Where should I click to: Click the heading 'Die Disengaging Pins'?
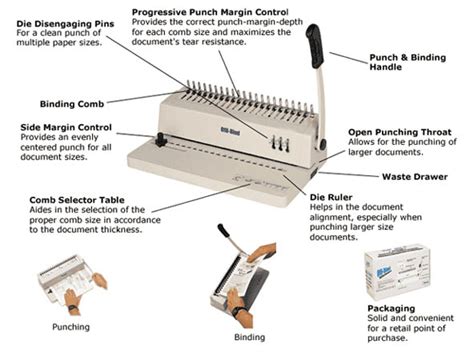56,10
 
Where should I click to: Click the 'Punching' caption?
71,327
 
